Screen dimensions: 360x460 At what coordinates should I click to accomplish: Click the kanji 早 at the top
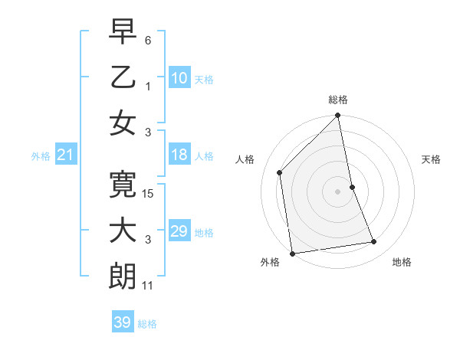(123, 32)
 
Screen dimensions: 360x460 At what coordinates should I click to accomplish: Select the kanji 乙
(123, 77)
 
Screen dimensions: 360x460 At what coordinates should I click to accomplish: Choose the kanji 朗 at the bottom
(123, 277)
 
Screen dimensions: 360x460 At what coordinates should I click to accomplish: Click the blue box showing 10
(179, 77)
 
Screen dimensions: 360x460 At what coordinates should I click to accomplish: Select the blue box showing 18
(179, 155)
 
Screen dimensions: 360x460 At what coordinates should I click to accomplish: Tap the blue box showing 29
(179, 231)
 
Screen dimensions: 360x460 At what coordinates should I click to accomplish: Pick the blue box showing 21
(66, 155)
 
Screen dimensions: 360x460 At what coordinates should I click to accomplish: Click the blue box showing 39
(123, 322)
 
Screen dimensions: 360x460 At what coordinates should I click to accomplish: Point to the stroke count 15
(149, 195)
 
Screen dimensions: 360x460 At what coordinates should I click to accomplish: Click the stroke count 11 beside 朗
(149, 285)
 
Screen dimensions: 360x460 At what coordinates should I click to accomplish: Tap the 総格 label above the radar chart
(338, 100)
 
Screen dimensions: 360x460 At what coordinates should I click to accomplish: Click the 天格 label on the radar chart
(432, 159)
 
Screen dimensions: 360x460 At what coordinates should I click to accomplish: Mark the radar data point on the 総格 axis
(338, 117)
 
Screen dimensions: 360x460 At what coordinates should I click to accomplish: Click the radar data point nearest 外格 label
(292, 254)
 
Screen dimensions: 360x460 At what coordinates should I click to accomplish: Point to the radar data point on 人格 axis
(280, 172)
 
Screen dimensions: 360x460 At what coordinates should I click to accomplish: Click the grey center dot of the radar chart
(338, 191)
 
